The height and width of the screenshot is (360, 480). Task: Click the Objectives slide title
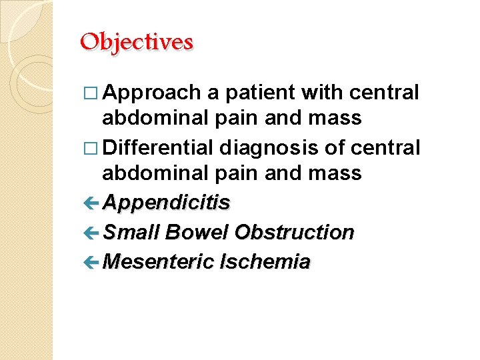pos(136,42)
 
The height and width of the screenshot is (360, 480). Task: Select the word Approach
pos(152,93)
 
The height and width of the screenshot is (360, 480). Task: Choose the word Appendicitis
pos(167,203)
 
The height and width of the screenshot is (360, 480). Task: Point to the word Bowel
pos(197,232)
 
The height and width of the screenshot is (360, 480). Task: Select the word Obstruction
pos(295,232)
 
